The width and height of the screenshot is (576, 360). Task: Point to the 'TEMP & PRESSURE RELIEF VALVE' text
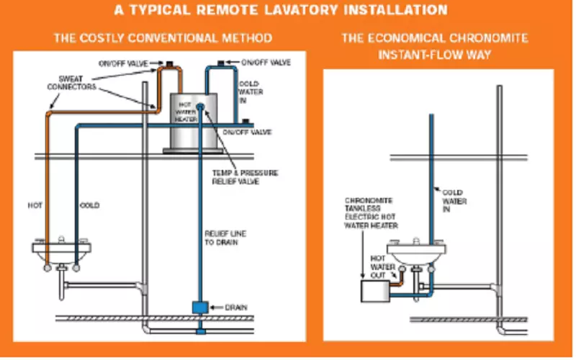(x=244, y=177)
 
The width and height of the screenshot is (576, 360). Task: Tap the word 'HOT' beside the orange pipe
(x=37, y=206)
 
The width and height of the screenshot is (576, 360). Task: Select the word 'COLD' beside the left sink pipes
(x=89, y=206)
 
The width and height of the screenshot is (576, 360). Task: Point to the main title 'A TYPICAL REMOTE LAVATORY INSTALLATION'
(x=288, y=10)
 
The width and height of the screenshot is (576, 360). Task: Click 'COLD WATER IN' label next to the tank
(x=251, y=92)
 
